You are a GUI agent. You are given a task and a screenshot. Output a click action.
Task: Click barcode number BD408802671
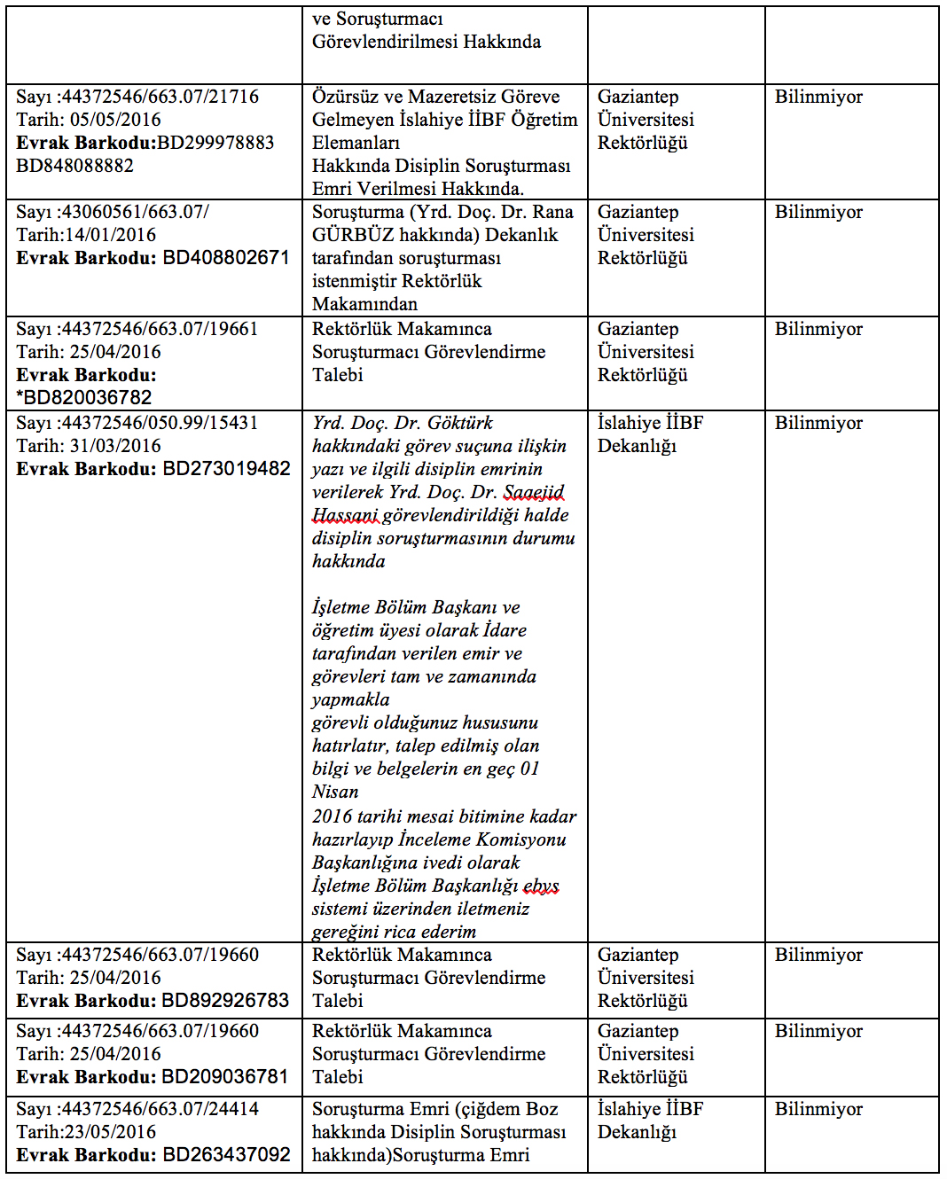point(226,258)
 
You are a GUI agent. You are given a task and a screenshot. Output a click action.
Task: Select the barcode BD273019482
point(226,469)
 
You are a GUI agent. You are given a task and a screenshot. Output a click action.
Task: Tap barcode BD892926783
point(226,1001)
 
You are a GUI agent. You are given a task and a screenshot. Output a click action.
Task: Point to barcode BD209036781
point(226,1077)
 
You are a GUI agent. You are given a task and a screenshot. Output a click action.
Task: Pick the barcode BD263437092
point(226,1155)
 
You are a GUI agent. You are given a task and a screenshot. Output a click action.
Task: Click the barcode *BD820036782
point(84,398)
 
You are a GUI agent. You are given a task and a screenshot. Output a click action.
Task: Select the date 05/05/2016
point(115,120)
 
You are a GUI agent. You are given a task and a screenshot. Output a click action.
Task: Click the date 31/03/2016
point(115,446)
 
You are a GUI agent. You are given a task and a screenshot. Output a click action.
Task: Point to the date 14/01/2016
point(111,235)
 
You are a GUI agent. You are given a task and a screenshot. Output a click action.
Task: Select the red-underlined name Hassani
point(345,515)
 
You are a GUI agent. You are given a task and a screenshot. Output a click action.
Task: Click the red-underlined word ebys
point(541,886)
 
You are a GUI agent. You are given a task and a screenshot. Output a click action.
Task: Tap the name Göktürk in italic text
point(459,423)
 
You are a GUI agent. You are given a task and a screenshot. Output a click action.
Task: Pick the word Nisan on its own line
point(335,792)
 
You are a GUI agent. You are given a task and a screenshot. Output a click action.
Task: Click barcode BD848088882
point(75,166)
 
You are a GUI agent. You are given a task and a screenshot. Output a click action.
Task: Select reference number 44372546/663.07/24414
point(160,1109)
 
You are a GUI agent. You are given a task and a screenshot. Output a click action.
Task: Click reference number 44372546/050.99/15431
point(160,423)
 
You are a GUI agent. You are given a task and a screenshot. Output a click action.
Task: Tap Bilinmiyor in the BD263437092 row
point(818,1109)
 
